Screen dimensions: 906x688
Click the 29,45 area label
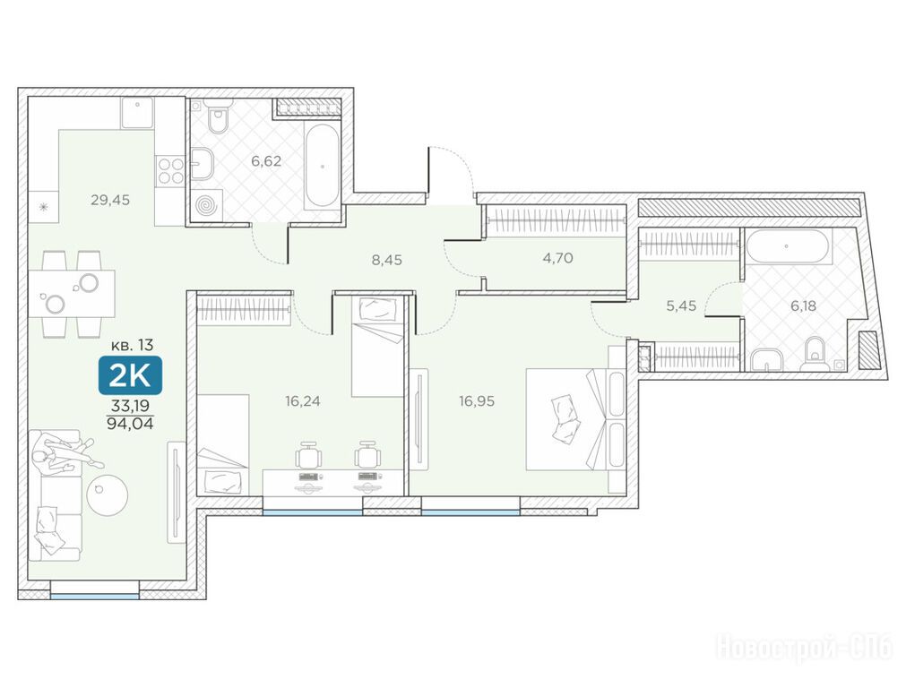[110, 200]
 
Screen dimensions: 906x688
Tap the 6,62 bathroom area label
[266, 161]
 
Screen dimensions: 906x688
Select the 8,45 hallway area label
[386, 260]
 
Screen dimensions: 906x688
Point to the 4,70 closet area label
[557, 258]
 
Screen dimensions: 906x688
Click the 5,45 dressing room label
[681, 305]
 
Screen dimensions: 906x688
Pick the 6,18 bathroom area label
[803, 305]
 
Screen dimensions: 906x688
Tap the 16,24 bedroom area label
[303, 401]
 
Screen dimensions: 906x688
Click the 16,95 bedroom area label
[477, 401]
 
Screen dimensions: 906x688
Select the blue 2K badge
[130, 375]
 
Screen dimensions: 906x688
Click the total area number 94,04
[130, 424]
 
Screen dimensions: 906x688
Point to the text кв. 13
[133, 346]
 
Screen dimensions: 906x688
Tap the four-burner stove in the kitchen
[170, 170]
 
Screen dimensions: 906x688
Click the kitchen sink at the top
[137, 112]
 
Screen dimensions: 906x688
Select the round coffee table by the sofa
[107, 495]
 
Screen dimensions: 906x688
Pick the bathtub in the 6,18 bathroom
[789, 246]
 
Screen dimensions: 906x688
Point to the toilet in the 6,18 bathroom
[815, 354]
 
